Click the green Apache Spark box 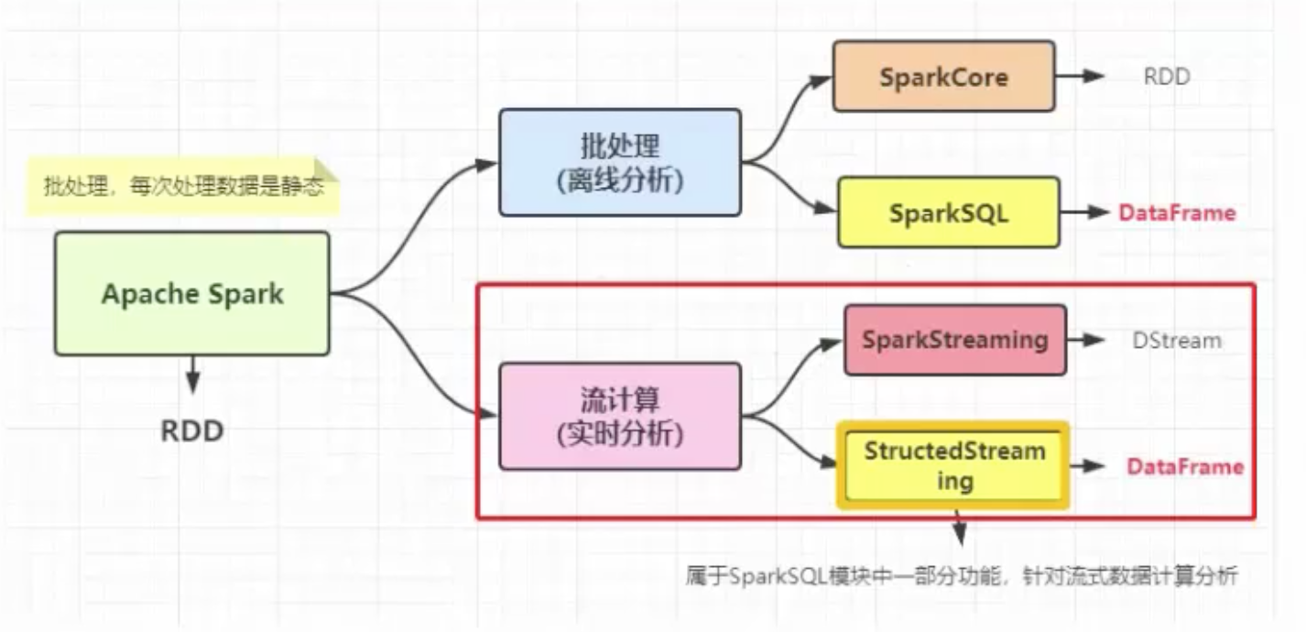(192, 294)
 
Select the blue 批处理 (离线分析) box (619, 162)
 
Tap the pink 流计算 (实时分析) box (619, 416)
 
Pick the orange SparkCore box (943, 77)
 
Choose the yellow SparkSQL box (949, 212)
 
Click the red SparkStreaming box (955, 340)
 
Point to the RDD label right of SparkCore (1167, 77)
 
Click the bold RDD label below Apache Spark (192, 430)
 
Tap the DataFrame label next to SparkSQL (1177, 213)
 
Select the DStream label (1177, 341)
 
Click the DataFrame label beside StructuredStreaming (1185, 467)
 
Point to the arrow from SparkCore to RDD (1081, 76)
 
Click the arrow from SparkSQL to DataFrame (1086, 212)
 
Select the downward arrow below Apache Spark (192, 376)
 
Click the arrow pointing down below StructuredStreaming (959, 529)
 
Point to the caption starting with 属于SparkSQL (962, 576)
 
